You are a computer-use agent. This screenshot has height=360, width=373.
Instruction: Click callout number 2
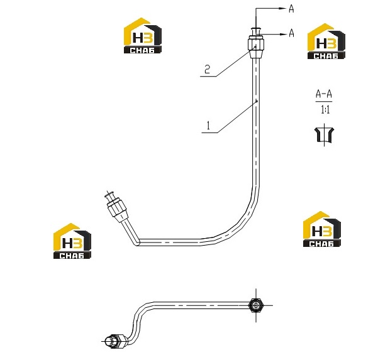point(208,69)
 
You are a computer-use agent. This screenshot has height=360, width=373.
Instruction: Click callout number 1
point(209,126)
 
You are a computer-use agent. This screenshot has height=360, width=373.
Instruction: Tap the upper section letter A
point(291,9)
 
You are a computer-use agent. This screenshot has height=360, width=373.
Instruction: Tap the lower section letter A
point(291,33)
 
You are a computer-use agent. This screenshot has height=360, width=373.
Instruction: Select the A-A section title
point(324,94)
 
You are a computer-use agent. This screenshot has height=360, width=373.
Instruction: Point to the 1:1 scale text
point(325,110)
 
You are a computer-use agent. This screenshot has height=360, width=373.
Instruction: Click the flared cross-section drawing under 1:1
point(324,135)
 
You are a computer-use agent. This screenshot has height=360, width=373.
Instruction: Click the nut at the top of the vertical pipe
point(256,44)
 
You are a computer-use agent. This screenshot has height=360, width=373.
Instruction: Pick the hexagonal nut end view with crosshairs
point(255,305)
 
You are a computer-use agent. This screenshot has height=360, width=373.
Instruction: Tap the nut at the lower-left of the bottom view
point(114,341)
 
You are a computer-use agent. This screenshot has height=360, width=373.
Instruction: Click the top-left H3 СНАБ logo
point(143,35)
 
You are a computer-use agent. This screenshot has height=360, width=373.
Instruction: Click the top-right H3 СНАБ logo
point(326,41)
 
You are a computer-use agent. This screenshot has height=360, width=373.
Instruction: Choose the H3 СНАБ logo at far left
point(72,241)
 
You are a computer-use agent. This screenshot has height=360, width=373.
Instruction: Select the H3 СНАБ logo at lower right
point(322,229)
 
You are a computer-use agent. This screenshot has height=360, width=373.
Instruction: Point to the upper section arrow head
point(282,8)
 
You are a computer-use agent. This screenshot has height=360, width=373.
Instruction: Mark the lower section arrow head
point(282,35)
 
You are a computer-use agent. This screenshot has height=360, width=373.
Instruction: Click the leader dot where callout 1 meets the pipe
point(257,101)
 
